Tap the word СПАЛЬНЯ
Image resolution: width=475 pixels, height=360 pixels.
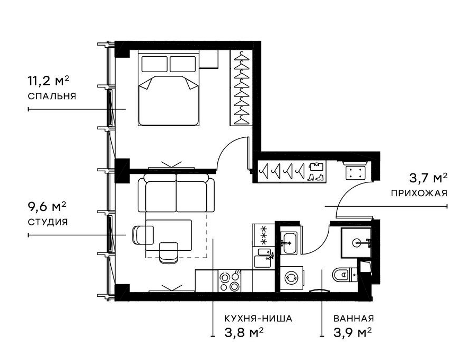(51, 96)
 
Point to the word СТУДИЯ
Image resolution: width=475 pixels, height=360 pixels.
(47, 222)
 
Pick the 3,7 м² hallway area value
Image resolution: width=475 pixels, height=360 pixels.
(428, 177)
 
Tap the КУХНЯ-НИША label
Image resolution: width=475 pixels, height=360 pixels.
(259, 319)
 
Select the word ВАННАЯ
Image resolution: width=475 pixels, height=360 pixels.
(354, 319)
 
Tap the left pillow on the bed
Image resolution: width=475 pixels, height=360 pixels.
(154, 64)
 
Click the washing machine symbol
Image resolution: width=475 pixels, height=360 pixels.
(291, 277)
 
